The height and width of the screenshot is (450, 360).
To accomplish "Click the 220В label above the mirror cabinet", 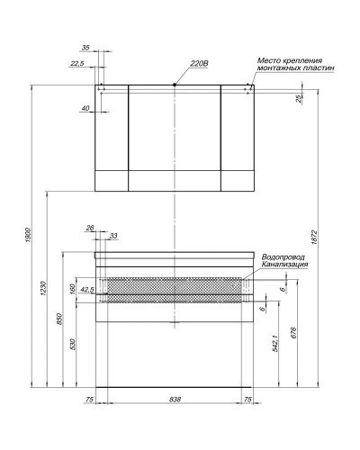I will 199,63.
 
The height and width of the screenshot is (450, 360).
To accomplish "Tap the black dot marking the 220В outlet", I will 174,85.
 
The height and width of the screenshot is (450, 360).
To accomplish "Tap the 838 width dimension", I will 175,399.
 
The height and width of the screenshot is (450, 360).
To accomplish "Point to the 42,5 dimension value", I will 86,291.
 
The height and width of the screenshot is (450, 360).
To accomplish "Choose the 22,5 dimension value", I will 77,64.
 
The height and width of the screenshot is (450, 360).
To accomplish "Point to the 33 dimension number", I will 113,236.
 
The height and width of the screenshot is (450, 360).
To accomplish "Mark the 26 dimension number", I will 90,229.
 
